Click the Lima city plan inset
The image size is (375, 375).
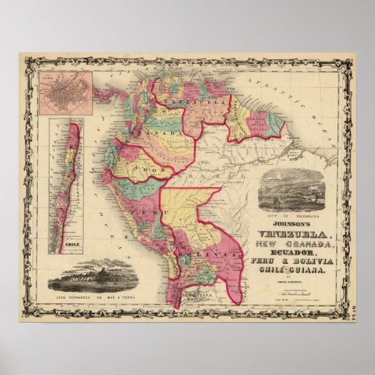[65, 93]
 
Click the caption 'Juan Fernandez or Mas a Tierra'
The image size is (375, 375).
[88, 302]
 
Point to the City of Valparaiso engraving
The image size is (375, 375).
[293, 192]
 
